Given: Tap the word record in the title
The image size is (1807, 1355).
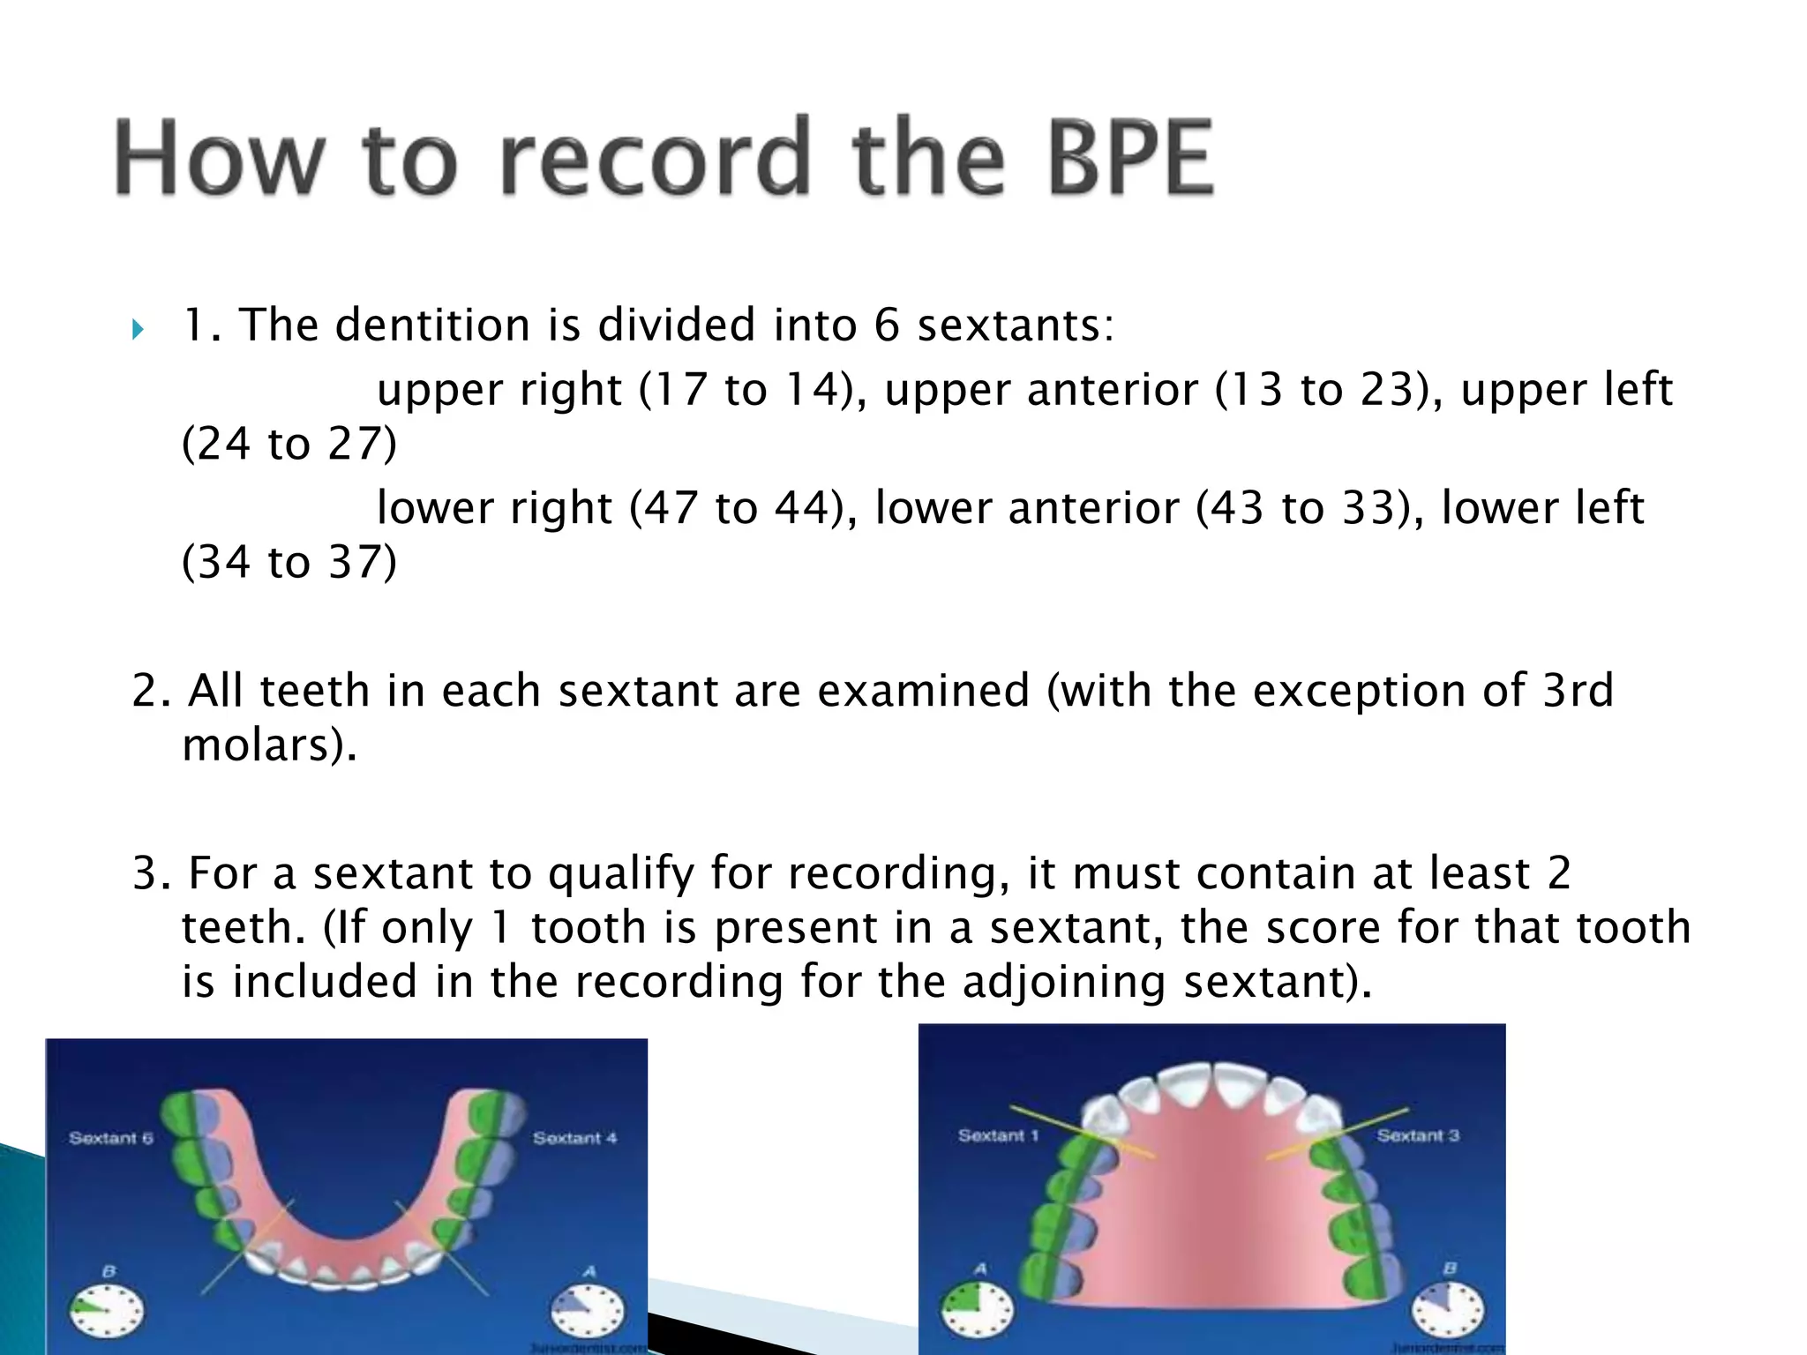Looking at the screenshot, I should (654, 158).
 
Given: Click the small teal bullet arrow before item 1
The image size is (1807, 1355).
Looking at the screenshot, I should (138, 330).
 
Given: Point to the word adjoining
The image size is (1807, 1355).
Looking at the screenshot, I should (1064, 982).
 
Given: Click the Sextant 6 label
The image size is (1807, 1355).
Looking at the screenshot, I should (111, 1138).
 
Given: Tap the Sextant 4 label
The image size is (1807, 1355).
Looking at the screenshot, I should (574, 1138).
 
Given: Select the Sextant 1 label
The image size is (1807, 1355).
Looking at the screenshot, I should (999, 1135).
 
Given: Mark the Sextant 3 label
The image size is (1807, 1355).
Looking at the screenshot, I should (1418, 1135).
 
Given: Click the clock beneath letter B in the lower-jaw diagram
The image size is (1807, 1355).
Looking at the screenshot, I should (107, 1312).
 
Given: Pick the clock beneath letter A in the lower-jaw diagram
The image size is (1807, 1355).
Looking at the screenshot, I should (588, 1310).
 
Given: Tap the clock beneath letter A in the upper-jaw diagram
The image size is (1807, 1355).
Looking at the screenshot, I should (977, 1308).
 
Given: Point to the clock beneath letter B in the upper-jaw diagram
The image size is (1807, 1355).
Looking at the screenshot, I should (1448, 1308).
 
